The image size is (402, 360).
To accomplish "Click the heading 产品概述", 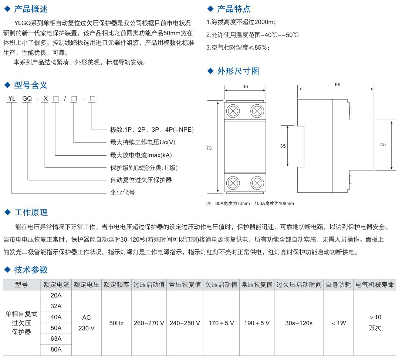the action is [x=31, y=9].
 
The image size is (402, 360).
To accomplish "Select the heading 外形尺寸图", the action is [x=238, y=71].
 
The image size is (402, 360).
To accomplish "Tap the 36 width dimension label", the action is [x=245, y=87].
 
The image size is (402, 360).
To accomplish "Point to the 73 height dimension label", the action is [x=209, y=148].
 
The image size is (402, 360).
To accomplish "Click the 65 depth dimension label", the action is [x=337, y=85].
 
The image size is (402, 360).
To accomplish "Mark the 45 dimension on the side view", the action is [x=383, y=145].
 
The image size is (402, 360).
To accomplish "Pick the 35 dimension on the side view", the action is [x=283, y=146].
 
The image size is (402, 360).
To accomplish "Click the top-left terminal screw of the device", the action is [x=233, y=111].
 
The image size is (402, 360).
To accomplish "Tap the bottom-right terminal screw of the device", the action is [x=257, y=183].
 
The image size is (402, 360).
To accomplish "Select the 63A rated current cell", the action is [x=56, y=339].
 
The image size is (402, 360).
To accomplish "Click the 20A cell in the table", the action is [x=56, y=295].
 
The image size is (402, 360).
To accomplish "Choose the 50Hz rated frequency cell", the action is [x=116, y=323].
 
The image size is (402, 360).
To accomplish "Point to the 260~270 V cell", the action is [x=149, y=323].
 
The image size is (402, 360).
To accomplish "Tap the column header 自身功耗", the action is [x=338, y=285].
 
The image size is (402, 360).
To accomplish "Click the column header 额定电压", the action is [x=87, y=285].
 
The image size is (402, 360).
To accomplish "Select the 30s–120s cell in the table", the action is [x=299, y=323].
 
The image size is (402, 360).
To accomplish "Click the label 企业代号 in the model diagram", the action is [x=122, y=192].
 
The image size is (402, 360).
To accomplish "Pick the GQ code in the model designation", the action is [x=27, y=99].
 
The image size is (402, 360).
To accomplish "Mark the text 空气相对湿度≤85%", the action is [x=238, y=47].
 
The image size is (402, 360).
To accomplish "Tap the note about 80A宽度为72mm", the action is [x=250, y=203].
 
